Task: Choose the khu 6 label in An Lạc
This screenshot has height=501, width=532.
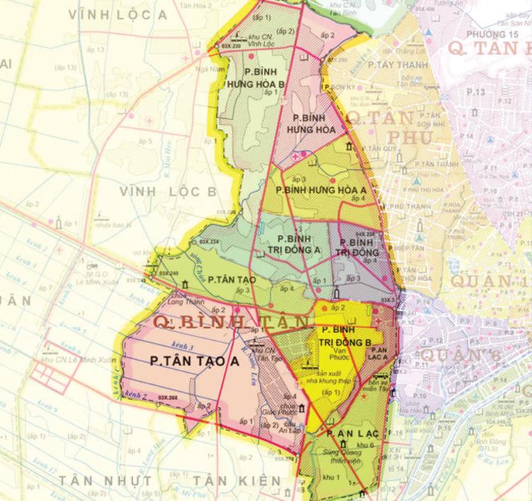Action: pos(367,444)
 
